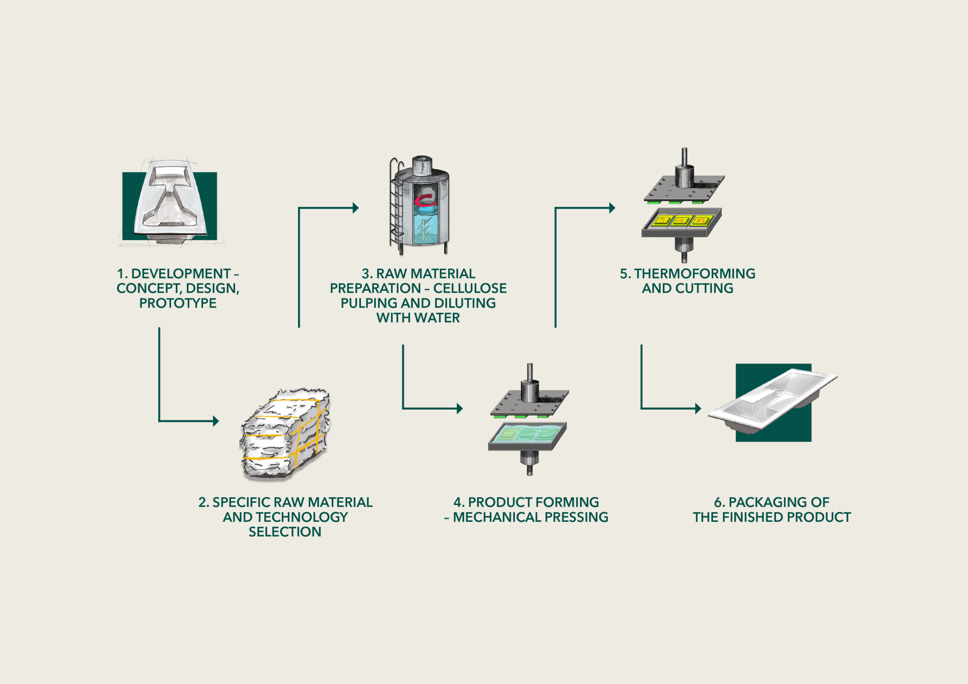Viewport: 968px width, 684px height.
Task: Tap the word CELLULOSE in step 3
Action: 470,288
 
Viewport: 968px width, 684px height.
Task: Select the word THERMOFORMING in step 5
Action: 694,274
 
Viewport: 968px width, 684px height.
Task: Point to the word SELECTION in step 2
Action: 285,532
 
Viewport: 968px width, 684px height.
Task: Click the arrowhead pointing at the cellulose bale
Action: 216,421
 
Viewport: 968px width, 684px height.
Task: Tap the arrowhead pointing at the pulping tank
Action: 355,208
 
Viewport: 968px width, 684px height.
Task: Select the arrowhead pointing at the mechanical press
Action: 460,409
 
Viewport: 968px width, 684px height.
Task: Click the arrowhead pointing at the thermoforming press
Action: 612,208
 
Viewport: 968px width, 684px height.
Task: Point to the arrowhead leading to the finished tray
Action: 698,409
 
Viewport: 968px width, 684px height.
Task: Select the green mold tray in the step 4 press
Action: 527,435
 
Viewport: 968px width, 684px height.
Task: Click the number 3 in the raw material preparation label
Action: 366,274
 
